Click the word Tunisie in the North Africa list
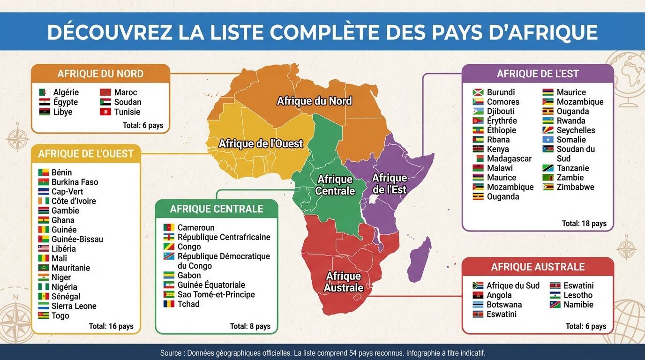[127, 112]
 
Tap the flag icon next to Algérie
[45, 92]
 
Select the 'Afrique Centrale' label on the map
[335, 185]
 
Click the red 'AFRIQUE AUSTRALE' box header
[538, 267]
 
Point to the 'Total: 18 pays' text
[584, 224]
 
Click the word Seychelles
[576, 130]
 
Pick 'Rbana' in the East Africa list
[498, 140]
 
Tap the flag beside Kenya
[478, 149]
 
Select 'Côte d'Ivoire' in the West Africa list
[74, 201]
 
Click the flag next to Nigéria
[44, 287]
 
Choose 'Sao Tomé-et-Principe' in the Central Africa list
[216, 294]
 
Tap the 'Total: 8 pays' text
[250, 326]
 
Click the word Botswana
[504, 305]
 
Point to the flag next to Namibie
[555, 305]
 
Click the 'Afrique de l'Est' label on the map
[389, 184]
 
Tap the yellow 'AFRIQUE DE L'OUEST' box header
[86, 154]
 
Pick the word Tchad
[188, 304]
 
